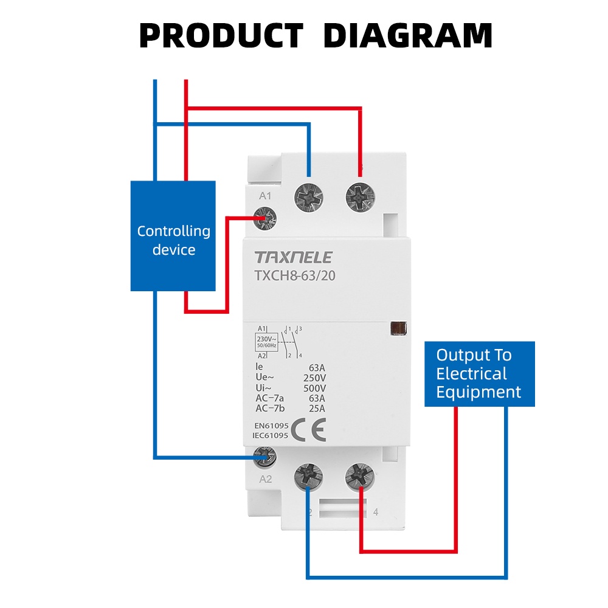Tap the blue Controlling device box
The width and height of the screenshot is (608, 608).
(x=173, y=236)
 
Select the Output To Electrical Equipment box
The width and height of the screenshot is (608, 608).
(x=479, y=373)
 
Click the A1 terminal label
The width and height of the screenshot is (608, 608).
(x=265, y=196)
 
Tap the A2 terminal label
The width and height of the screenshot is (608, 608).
(x=265, y=479)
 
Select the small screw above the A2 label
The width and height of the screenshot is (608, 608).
(x=265, y=456)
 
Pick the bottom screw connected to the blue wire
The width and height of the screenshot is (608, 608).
(x=309, y=477)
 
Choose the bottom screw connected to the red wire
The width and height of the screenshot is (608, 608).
(x=360, y=477)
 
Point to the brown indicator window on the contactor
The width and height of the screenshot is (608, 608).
(x=398, y=328)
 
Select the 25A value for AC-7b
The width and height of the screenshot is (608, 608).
(x=316, y=409)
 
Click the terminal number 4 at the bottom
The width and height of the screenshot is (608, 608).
(x=376, y=513)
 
